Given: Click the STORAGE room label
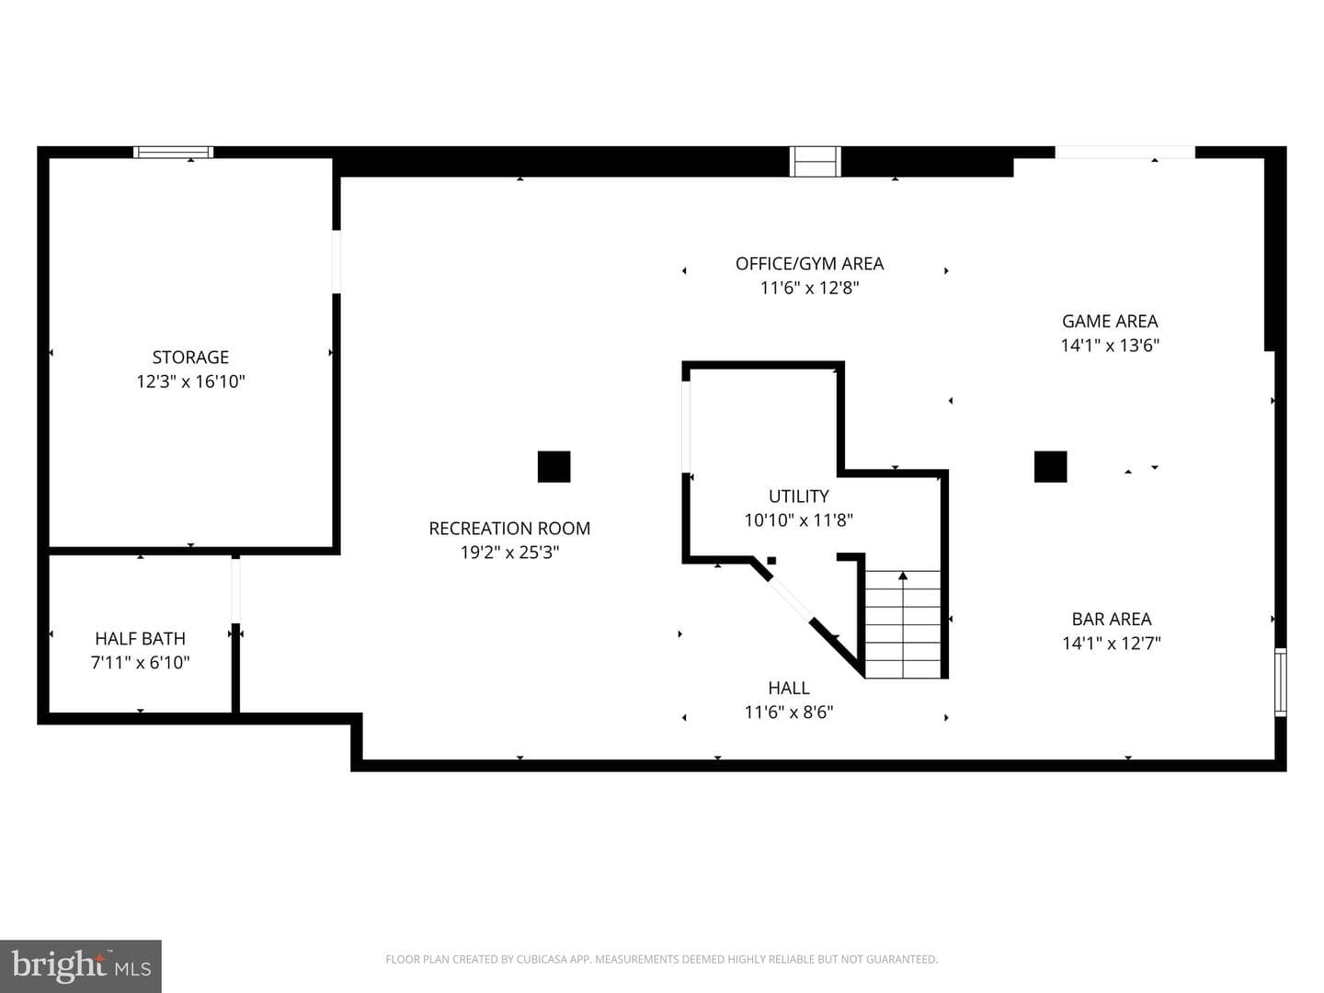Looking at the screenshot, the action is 190,358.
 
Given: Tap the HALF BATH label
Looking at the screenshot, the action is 140,638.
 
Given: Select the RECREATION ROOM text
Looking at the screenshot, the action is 509,528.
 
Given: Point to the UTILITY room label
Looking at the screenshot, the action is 799,496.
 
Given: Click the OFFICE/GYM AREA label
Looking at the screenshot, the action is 809,264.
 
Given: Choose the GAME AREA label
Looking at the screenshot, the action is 1110,322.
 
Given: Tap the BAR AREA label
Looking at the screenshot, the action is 1112,619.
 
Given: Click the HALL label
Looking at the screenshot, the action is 789,688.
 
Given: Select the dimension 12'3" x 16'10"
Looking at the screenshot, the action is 190,382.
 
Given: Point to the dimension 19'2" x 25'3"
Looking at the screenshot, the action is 509,553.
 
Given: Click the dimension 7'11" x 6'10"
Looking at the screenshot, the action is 140,663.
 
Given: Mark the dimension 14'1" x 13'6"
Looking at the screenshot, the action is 1110,346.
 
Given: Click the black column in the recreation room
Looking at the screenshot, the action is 554,467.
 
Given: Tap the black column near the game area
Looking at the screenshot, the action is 1050,467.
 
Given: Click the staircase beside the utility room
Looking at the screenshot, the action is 903,624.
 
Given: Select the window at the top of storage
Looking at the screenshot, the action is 173,152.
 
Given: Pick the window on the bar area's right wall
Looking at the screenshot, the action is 1280,682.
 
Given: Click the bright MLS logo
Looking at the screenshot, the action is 81,965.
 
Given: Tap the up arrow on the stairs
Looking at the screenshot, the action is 903,624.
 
